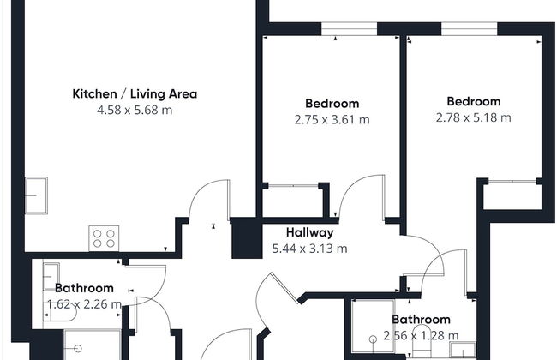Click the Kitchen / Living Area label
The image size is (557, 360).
[x=135, y=93]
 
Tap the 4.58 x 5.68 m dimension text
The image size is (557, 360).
[x=135, y=111]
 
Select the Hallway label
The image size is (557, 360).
[x=309, y=232]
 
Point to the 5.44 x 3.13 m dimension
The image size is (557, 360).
[x=309, y=249]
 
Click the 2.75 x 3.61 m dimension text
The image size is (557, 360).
[x=332, y=120]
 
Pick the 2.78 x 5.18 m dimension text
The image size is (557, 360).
[x=474, y=117]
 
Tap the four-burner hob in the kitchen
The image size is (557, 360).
[x=104, y=238]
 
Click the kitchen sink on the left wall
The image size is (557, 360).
[x=36, y=195]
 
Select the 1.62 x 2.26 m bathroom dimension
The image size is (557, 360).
[x=85, y=304]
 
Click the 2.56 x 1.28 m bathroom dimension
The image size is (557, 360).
[x=421, y=335]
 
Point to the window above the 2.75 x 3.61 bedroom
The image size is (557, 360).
[x=349, y=29]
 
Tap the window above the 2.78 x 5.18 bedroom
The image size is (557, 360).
[x=470, y=29]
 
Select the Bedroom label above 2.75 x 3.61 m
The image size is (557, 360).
[x=332, y=104]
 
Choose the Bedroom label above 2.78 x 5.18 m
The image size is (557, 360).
[x=474, y=101]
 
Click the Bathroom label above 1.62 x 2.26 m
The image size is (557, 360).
[x=85, y=288]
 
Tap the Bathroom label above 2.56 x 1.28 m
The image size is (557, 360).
[x=421, y=319]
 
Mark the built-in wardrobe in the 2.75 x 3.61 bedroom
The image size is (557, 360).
[x=293, y=201]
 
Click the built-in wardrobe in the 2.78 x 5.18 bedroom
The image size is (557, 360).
[x=512, y=195]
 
